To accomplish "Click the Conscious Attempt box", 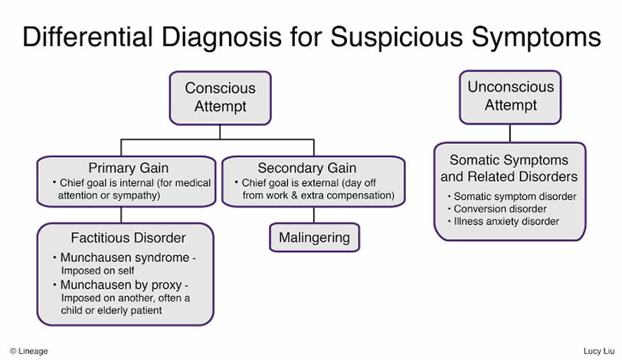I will [x=220, y=97].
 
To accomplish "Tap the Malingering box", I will [x=313, y=237].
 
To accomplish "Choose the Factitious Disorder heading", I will [x=129, y=237].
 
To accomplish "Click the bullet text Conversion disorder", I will [x=500, y=209].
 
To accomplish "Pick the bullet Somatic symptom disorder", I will [x=515, y=197].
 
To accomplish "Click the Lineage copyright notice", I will [x=29, y=351].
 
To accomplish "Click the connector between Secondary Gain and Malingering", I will [x=313, y=215].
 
